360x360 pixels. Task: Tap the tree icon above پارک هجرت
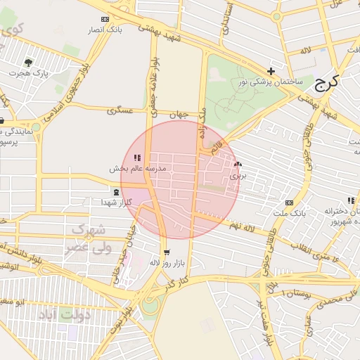[28, 63]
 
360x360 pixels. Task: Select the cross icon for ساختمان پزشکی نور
[271, 71]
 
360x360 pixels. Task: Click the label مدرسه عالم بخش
[137, 169]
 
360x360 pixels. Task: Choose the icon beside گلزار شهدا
[116, 192]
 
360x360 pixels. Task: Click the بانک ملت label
[290, 212]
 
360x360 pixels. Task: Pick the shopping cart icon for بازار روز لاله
[166, 252]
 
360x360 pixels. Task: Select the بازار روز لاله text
[167, 262]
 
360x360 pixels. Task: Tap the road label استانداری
[226, 21]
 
